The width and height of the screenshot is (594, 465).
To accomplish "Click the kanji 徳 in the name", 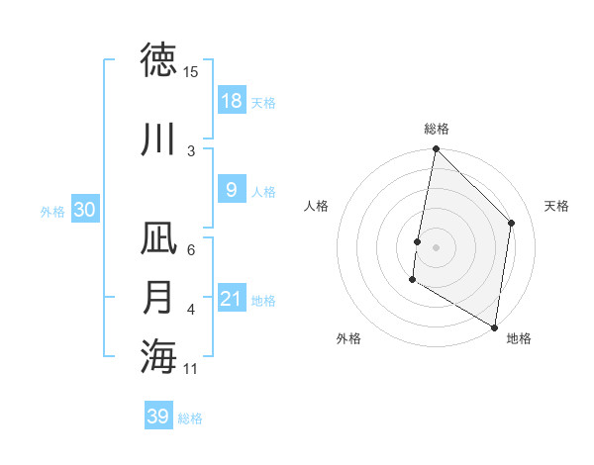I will click(158, 61).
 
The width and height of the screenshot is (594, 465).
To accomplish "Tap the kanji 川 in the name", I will click(158, 139).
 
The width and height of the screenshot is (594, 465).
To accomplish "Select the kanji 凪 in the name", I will click(158, 240).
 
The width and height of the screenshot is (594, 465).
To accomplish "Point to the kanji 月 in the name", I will click(158, 297).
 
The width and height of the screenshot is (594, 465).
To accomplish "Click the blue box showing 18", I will click(231, 101).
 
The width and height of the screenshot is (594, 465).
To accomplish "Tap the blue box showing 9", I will click(231, 190).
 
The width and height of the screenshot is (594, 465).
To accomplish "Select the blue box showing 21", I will click(231, 299).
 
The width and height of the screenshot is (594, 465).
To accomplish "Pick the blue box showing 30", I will click(84, 210).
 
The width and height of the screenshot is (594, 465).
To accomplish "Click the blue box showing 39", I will click(157, 417).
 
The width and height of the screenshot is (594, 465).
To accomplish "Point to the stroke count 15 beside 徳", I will click(191, 72).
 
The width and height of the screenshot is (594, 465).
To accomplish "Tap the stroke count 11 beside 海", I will click(191, 369).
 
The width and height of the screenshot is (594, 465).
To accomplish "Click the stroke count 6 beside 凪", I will click(191, 251).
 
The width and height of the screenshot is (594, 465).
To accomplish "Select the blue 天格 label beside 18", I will click(263, 103).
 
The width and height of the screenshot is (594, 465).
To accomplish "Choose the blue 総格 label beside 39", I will click(190, 418).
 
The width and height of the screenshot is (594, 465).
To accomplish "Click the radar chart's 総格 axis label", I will click(437, 129).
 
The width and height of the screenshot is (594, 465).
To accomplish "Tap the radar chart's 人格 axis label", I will click(317, 206).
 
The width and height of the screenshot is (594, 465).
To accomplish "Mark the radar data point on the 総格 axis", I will click(437, 149).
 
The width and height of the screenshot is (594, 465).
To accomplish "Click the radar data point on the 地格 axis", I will click(494, 325).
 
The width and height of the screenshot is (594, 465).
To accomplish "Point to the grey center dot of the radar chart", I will click(436, 246).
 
